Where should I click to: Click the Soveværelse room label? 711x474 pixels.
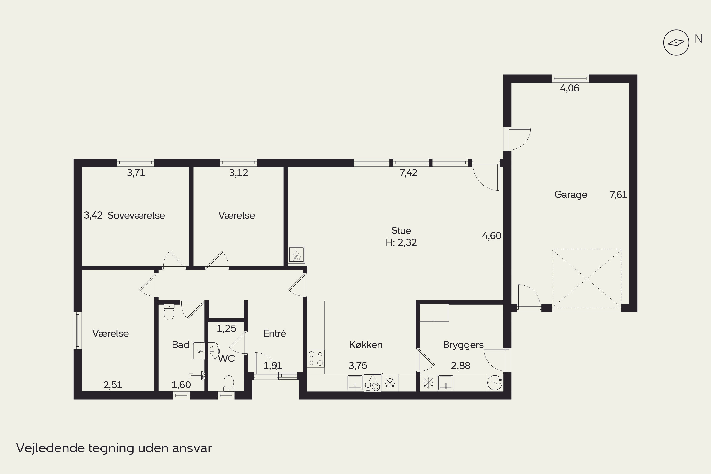coord(136,215)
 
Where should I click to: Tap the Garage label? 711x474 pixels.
coord(571,195)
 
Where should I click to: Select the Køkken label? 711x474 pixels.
coord(366,345)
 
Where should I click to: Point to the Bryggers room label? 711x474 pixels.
coord(463,345)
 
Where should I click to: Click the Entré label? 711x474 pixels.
coord(274,333)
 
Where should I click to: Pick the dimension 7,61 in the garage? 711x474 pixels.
coord(618,195)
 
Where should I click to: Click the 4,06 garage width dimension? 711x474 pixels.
coord(570,88)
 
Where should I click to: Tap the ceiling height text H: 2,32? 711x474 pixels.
coord(401,242)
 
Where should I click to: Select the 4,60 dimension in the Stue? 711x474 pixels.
coord(492,236)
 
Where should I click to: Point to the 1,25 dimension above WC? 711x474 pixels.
coord(226,328)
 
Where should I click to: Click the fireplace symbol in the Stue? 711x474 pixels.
coord(296,255)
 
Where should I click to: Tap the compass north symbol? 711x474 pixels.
coord(676,43)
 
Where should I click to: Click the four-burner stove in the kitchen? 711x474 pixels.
coord(316,359)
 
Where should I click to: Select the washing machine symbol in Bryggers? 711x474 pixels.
coord(495,383)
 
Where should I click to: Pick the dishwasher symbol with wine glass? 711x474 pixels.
coord(372,383)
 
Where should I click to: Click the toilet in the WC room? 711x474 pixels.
coord(228,383)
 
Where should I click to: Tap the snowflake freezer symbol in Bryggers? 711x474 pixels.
coord(428,383)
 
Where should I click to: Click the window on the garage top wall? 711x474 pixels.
coord(570,79)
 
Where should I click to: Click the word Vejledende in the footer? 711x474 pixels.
coord(50,448)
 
